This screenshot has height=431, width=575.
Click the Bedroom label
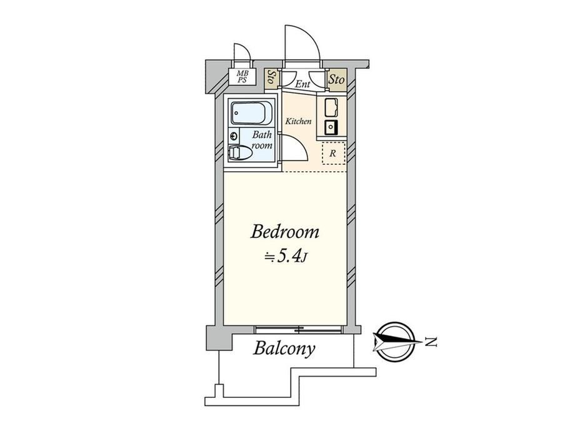(x=284, y=232)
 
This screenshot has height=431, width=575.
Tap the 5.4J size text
(x=286, y=256)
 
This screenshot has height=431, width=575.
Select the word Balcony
(x=284, y=349)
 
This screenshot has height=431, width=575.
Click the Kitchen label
(x=299, y=121)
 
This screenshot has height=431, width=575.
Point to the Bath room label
(x=262, y=140)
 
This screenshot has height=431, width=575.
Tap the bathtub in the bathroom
(x=252, y=113)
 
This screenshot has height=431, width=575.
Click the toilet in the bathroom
(x=240, y=152)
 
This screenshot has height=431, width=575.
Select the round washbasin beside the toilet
(x=234, y=136)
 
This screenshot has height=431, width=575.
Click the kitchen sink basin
(x=331, y=107)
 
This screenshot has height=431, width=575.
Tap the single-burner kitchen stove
(x=331, y=127)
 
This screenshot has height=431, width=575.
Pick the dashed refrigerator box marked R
(x=333, y=153)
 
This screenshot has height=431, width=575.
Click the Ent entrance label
(x=303, y=84)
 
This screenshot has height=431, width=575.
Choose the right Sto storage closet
(x=336, y=79)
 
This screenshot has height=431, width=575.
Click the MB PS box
(x=242, y=77)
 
